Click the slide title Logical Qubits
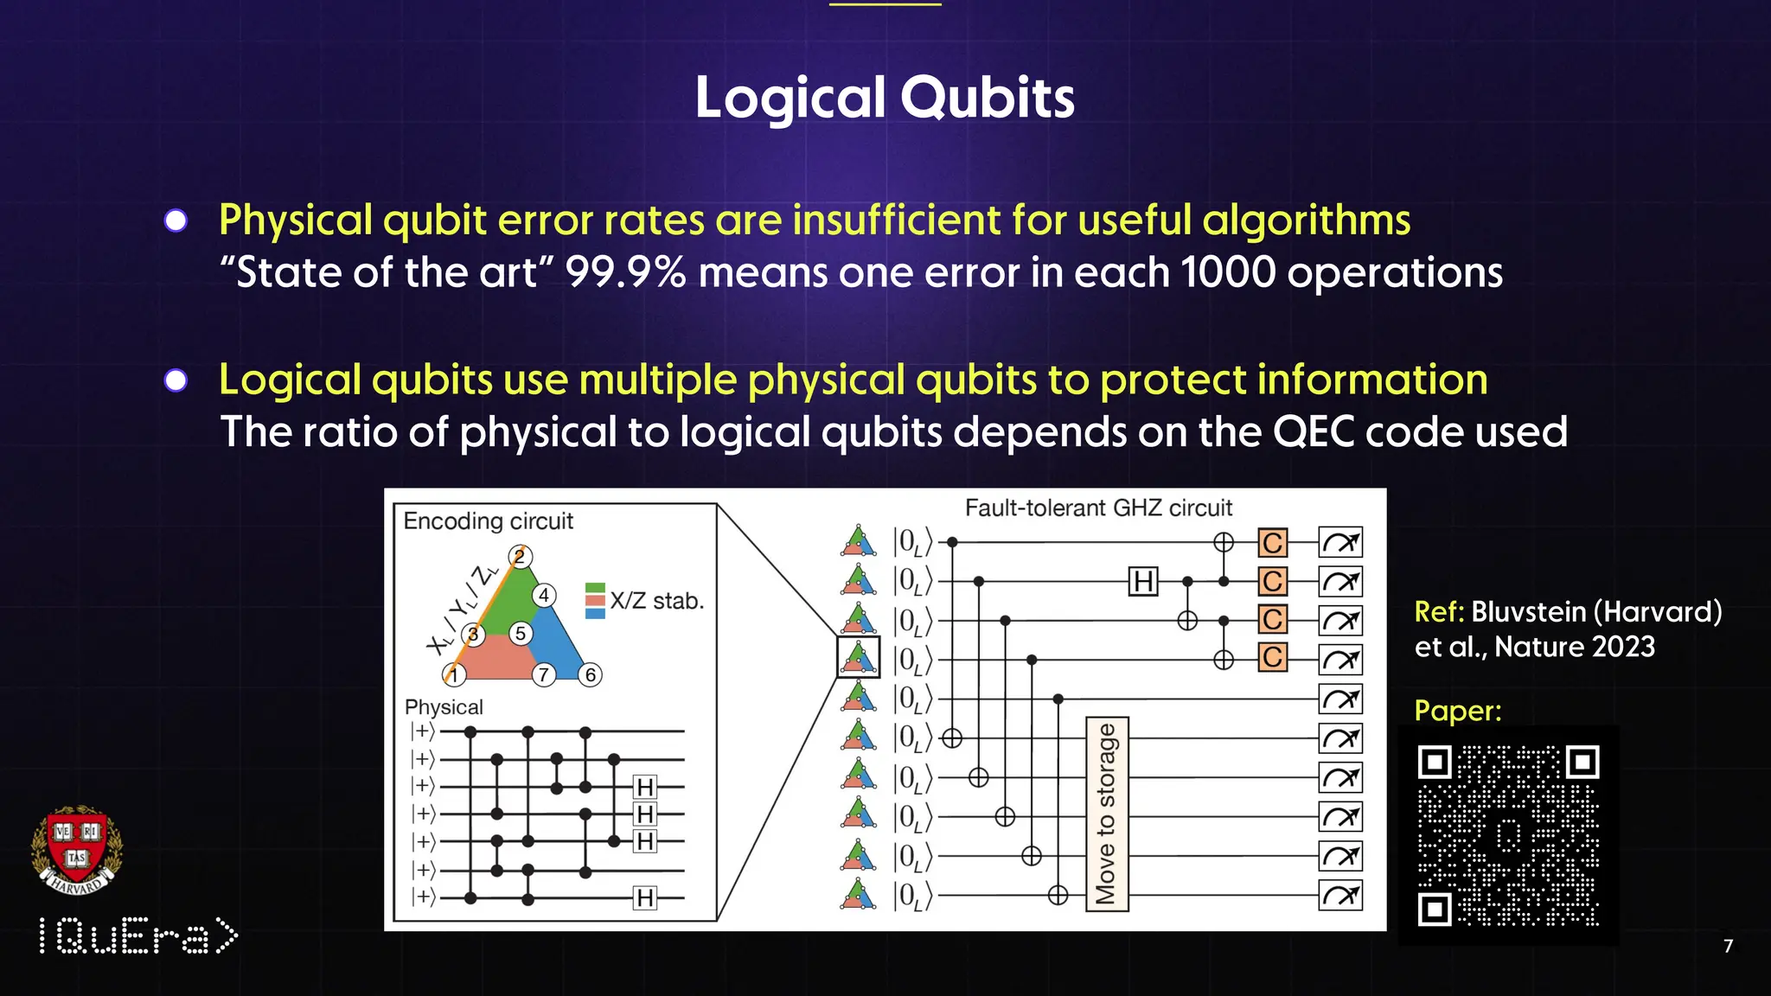coord(885,97)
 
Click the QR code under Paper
coord(1508,835)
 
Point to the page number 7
coord(1728,946)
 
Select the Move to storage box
coord(1107,814)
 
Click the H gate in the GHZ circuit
coord(1143,581)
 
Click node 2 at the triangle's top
coord(520,557)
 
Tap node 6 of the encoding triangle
coord(591,674)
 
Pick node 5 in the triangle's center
coord(520,633)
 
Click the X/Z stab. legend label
coord(656,601)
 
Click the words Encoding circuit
coord(488,521)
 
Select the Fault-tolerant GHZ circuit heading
coord(1098,508)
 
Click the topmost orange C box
coord(1272,543)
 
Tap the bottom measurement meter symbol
coord(1340,895)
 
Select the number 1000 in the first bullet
coord(1228,272)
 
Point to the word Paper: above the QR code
coord(1458,711)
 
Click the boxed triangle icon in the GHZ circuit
coord(858,658)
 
